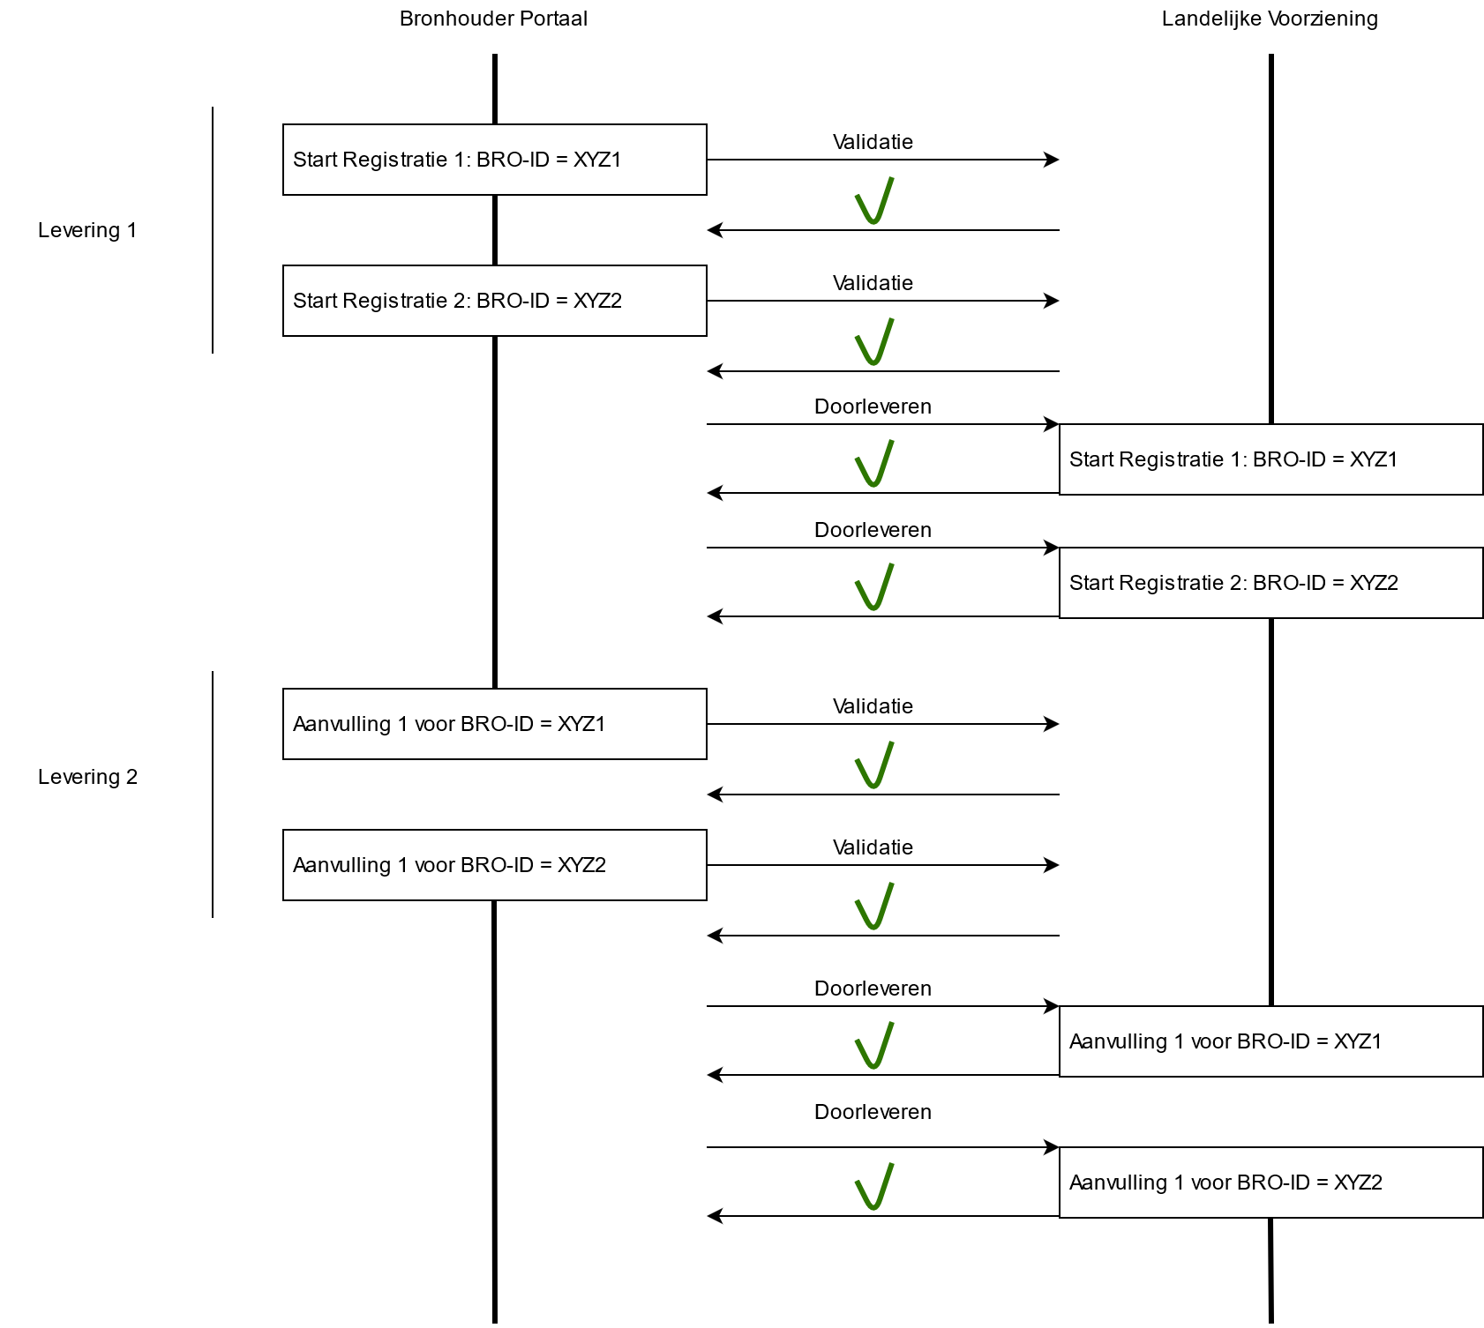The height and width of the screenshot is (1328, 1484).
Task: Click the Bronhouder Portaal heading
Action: point(493,19)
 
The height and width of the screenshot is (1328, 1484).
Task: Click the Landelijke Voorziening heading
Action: point(1269,19)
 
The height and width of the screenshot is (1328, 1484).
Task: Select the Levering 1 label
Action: point(87,230)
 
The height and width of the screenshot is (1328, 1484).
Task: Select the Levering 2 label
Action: point(87,777)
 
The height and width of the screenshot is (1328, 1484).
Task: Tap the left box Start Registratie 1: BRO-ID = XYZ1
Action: point(494,160)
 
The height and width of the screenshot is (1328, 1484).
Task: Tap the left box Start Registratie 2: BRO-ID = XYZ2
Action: point(494,301)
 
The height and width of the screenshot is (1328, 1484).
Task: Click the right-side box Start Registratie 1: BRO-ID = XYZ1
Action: point(1270,459)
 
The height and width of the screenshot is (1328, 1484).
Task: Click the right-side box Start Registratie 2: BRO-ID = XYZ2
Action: point(1270,583)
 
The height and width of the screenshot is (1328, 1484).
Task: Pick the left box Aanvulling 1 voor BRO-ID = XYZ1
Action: point(494,724)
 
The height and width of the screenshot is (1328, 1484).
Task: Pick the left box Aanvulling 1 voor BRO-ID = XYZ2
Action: point(494,865)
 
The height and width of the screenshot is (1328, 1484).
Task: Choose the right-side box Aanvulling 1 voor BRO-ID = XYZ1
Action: point(1270,1041)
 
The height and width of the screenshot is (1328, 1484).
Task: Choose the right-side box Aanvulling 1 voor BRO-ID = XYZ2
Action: point(1270,1183)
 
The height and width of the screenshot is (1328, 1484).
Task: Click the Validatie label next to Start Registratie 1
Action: point(873,142)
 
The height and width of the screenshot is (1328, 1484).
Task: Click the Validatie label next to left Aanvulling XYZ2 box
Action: point(873,847)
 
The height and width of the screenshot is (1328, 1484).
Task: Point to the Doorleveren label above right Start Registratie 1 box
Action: point(873,407)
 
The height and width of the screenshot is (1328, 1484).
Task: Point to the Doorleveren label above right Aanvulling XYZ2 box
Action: point(873,1112)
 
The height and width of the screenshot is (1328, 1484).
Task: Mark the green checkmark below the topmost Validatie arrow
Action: point(873,202)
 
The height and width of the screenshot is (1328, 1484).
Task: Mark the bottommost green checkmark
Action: point(873,1188)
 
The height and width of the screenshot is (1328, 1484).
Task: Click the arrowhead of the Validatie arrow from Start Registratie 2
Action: point(1052,301)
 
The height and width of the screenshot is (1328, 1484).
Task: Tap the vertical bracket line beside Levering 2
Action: point(213,794)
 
